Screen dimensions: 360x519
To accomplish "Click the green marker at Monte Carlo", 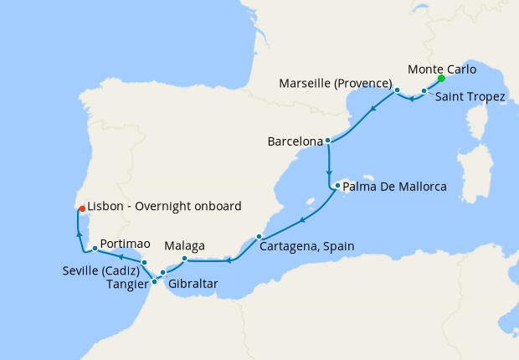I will [441, 81].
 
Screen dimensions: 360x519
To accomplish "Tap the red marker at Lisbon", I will [80, 208].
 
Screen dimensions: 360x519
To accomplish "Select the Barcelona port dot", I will [328, 141].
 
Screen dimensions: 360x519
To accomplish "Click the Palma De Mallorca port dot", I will [337, 186].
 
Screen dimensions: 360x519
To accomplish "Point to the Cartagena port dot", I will [259, 236].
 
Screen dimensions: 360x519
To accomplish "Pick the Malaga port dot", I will [184, 258].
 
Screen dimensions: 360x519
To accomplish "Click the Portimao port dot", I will [95, 248].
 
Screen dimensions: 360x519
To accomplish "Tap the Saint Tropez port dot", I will [424, 90].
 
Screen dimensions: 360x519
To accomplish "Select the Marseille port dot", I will [398, 90].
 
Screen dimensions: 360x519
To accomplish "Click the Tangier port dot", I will [155, 281].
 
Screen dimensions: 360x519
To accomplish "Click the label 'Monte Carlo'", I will [441, 69].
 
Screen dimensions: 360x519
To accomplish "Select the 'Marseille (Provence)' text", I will [337, 83].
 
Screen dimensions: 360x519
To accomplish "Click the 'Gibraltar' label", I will [193, 285].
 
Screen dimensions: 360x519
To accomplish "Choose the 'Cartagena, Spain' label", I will [307, 246].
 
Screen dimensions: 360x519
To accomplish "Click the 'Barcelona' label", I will [295, 141].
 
